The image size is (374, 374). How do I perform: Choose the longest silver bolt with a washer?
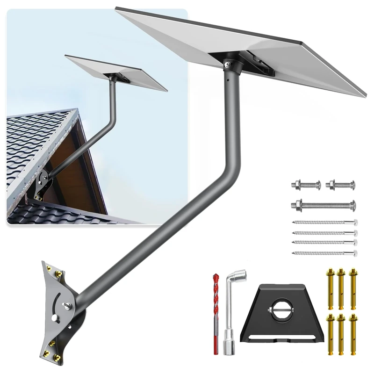coord(324,205)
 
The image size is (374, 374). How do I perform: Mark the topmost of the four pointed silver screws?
coord(324,223)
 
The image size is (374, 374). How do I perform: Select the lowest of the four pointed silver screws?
coord(324,253)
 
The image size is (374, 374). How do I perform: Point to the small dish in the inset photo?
coord(116,72)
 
